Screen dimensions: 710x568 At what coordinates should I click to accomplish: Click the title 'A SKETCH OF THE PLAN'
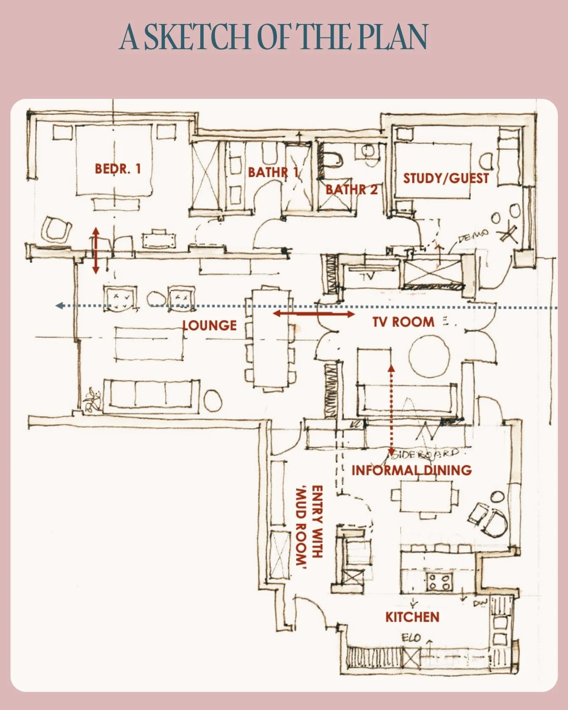pos(273,37)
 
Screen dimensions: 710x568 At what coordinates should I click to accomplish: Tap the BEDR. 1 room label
pos(117,169)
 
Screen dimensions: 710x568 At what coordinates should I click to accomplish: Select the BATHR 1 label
pos(273,172)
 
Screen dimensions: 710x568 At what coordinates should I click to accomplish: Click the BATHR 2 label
pos(352,190)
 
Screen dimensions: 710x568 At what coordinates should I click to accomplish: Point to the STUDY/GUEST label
pos(446,178)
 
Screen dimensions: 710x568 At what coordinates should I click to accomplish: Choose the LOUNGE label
pos(210,326)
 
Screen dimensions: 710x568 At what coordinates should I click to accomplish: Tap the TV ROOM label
pos(403,322)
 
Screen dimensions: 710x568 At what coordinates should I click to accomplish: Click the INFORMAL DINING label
pos(411,470)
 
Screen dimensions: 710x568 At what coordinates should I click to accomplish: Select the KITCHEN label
pos(412,617)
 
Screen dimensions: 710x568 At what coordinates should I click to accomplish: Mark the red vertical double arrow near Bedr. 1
pos(96,251)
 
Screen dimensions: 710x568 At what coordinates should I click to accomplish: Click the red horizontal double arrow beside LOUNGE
pos(314,314)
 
